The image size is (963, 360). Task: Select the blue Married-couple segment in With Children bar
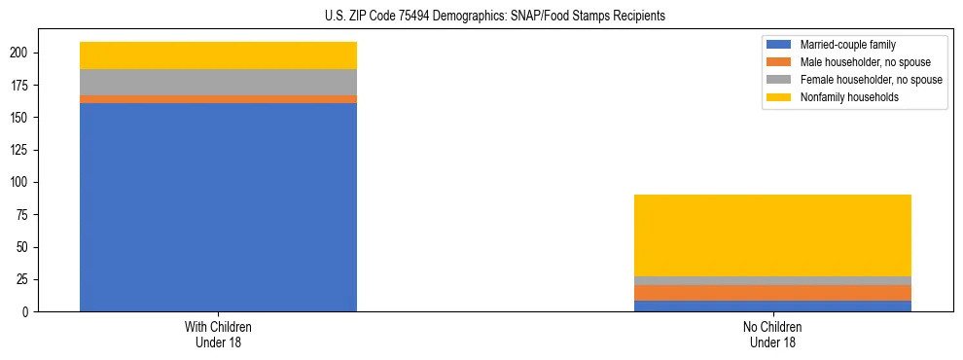pos(218,207)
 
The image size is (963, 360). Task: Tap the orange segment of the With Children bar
pos(218,99)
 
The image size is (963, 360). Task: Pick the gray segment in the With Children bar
pos(218,82)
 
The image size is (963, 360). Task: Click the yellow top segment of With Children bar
pos(218,55)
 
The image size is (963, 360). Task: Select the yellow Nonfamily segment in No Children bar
pos(772,235)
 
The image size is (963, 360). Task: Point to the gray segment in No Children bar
pos(772,281)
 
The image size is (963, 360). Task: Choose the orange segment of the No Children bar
pos(772,293)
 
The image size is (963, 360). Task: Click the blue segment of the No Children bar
pos(772,306)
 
